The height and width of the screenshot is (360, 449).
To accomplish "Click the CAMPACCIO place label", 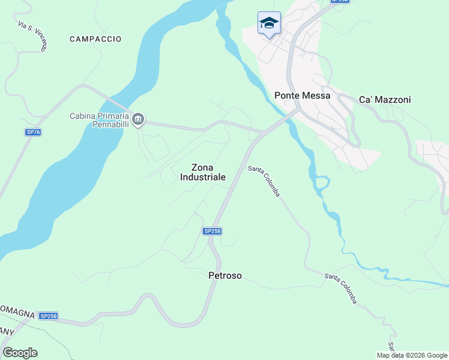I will point(95,39).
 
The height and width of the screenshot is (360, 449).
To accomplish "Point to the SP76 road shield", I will point(33,132).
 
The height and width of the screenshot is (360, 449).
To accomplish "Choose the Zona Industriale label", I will point(203,172).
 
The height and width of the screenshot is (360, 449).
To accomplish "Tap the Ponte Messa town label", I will point(303,95).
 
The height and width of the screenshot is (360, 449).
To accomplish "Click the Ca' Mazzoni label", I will point(385,100).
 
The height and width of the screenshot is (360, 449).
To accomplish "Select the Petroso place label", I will point(225,275).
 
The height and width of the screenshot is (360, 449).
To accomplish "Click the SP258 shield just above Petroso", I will point(212,231).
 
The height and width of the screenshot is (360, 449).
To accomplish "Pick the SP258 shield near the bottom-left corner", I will point(48,316).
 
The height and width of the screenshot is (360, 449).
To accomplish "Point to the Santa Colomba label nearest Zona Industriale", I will point(264,181).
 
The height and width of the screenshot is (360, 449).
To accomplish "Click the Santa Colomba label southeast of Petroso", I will point(341,288).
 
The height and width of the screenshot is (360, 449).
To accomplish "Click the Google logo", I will point(20,352).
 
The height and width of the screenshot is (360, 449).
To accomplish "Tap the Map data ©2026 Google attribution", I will point(412,355).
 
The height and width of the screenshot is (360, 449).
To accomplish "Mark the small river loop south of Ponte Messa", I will point(322,182).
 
